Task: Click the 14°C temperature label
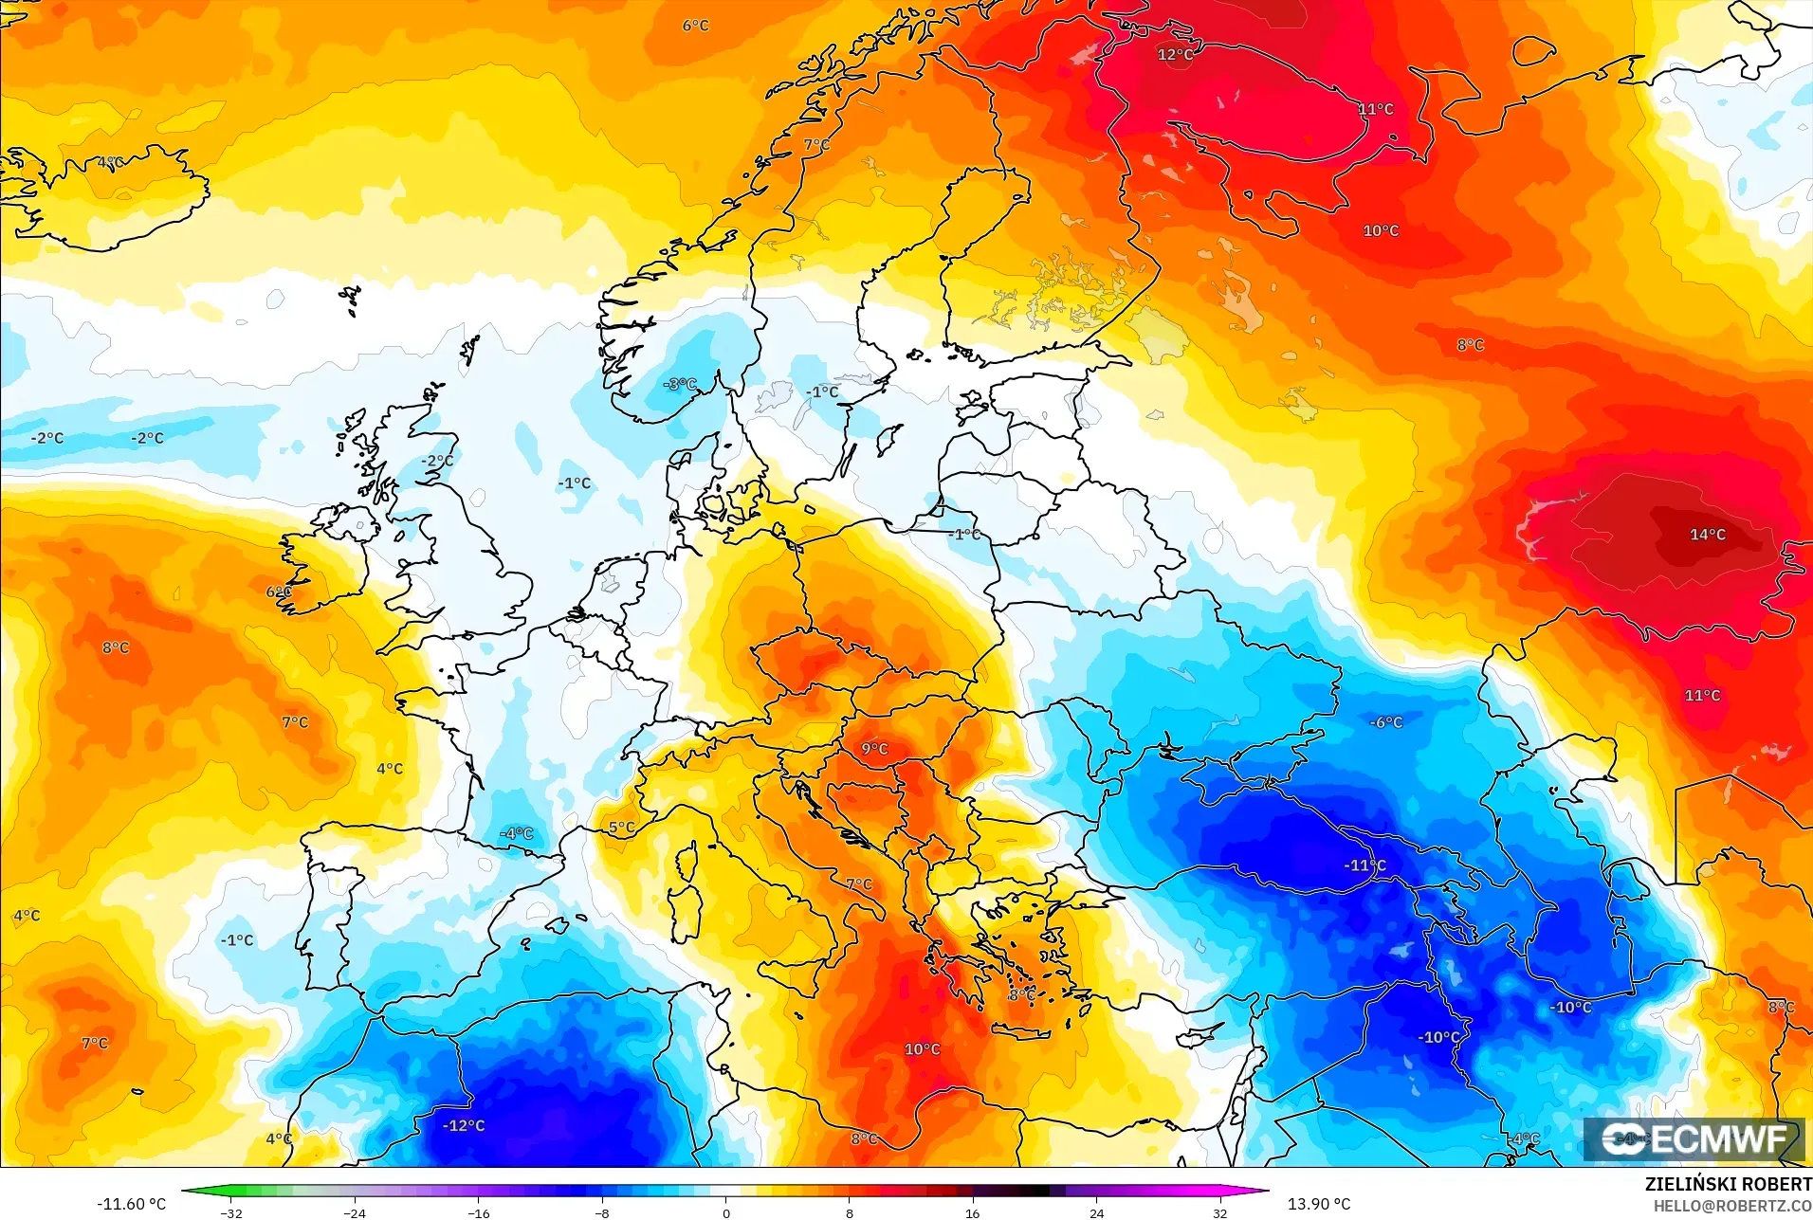pos(1707,535)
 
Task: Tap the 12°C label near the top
pos(1175,55)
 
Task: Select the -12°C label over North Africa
pos(464,1125)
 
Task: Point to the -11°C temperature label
pos(1364,865)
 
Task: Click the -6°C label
pos(1385,722)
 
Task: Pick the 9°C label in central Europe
pos(874,749)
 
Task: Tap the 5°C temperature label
pos(621,828)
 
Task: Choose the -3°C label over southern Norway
pos(679,384)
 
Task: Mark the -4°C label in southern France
pos(517,833)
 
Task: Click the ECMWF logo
pos(1694,1138)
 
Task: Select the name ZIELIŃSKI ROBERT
pos(1728,1184)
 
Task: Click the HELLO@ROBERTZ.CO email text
pos(1732,1206)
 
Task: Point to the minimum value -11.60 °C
pos(131,1204)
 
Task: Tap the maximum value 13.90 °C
pos(1318,1204)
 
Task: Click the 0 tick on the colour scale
pos(726,1213)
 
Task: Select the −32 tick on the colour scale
pos(231,1213)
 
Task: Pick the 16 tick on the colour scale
pos(973,1213)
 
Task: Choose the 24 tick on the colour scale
pos(1096,1213)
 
